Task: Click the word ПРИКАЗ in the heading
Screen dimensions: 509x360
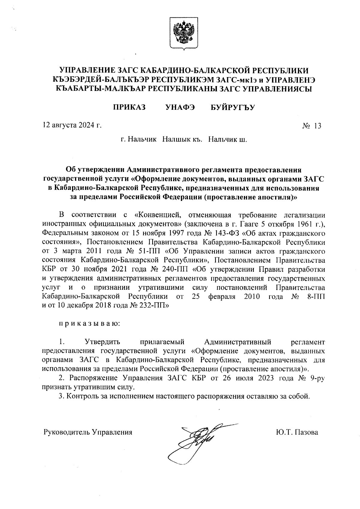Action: pyautogui.click(x=129, y=107)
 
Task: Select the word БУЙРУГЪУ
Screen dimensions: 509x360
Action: pyautogui.click(x=232, y=107)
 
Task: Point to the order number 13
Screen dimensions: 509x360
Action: pyautogui.click(x=317, y=126)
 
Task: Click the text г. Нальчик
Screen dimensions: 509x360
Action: pyautogui.click(x=138, y=140)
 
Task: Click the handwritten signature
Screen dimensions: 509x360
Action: pyautogui.click(x=198, y=441)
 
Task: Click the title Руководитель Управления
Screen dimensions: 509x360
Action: pyautogui.click(x=88, y=432)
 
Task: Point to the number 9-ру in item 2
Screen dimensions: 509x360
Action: pyautogui.click(x=316, y=378)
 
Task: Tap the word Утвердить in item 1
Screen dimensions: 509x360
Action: pyautogui.click(x=103, y=342)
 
